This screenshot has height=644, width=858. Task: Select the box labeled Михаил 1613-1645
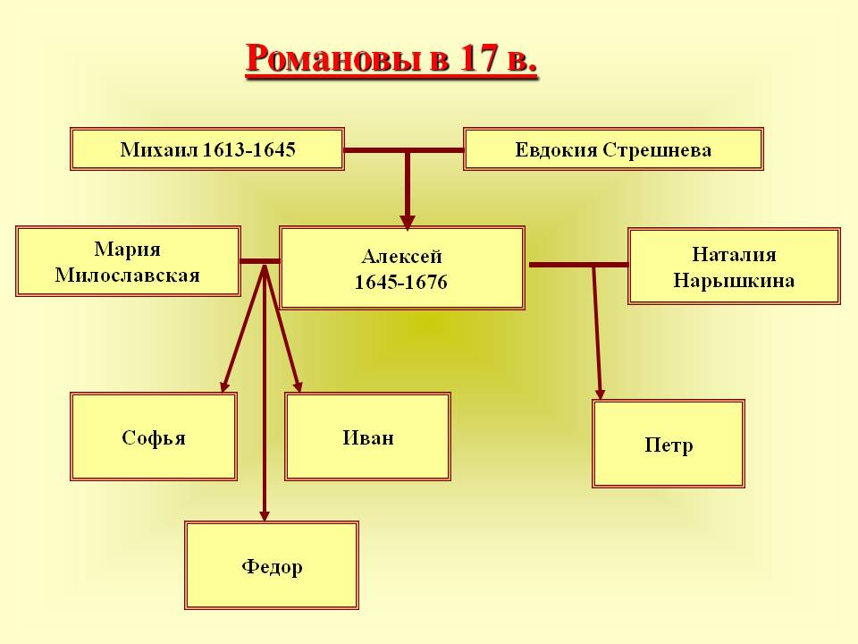click(207, 149)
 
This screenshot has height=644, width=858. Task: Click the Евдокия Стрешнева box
click(613, 149)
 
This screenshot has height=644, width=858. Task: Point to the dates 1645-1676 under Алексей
click(401, 282)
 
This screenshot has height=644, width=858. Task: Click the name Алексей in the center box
click(401, 257)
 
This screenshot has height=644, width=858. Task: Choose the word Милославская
click(128, 275)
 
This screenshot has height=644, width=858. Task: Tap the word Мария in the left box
click(128, 250)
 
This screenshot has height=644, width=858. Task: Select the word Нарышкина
click(734, 281)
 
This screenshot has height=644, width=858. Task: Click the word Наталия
click(734, 254)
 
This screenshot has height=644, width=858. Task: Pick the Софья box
click(153, 436)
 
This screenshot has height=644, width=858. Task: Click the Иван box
click(367, 436)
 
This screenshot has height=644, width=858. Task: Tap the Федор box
click(272, 565)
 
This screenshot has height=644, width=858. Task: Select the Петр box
click(669, 444)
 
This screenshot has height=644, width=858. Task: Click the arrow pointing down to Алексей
click(408, 190)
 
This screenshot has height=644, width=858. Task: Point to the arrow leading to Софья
click(243, 328)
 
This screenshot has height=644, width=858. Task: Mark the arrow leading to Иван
click(283, 328)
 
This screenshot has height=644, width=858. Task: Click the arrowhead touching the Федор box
click(265, 515)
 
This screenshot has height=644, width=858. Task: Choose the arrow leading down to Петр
click(597, 333)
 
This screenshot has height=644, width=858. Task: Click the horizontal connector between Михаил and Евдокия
click(404, 150)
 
